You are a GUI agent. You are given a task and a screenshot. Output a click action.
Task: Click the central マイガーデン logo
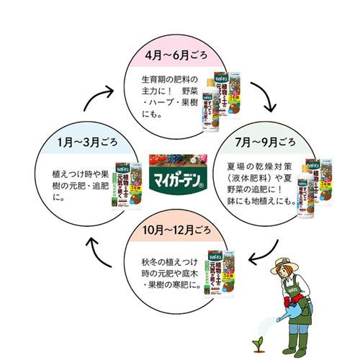[x=180, y=179]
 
